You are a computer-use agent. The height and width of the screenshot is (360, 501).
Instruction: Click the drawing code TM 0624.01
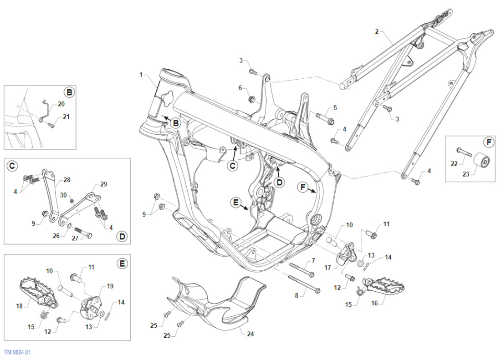point(17,352)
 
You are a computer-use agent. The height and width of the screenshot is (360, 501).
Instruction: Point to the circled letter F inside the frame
point(302,187)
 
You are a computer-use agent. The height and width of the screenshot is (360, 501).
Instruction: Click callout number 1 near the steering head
point(141,74)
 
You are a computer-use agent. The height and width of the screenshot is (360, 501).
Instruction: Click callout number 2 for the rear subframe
point(377,31)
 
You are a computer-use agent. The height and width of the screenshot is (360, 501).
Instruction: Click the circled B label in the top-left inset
point(69,92)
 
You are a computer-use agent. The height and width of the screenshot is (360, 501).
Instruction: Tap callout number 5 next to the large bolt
point(335,108)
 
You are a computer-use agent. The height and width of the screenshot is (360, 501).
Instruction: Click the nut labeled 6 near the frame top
point(251,99)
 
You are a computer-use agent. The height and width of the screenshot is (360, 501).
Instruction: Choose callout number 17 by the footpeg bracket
point(328,268)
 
